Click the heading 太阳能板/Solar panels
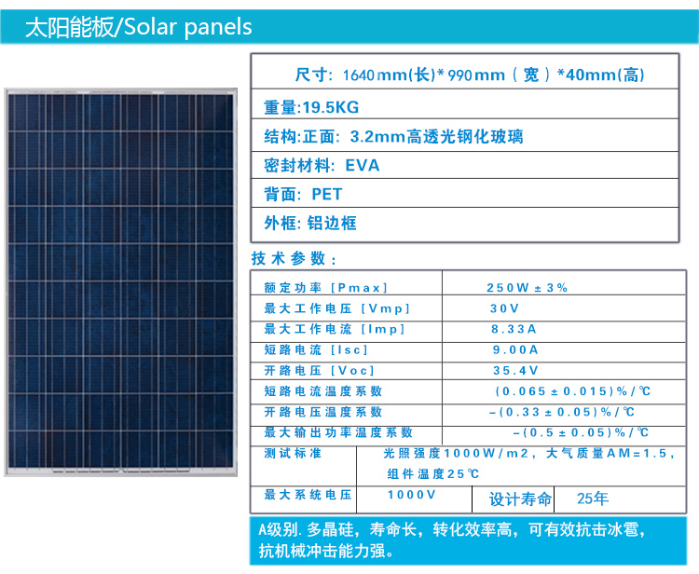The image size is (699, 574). [139, 27]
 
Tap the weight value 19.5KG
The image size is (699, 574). [331, 107]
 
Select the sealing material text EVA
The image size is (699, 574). [363, 165]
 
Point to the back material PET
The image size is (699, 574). [327, 195]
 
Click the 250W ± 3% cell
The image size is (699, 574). [527, 288]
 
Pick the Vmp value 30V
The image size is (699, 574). [504, 308]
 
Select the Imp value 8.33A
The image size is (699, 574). [514, 329]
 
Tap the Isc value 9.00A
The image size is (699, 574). [515, 349]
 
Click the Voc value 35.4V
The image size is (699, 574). [515, 370]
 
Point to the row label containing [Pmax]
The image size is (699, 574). [326, 288]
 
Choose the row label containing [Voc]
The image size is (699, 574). [319, 370]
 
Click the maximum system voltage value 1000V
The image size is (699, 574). [411, 495]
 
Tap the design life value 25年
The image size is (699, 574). [593, 499]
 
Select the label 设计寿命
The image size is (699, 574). [521, 499]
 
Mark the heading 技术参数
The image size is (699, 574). [294, 258]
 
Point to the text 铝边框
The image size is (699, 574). [332, 223]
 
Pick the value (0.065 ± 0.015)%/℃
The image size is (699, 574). [572, 391]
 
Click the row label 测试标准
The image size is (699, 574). [293, 453]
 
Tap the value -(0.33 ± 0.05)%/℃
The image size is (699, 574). [562, 412]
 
